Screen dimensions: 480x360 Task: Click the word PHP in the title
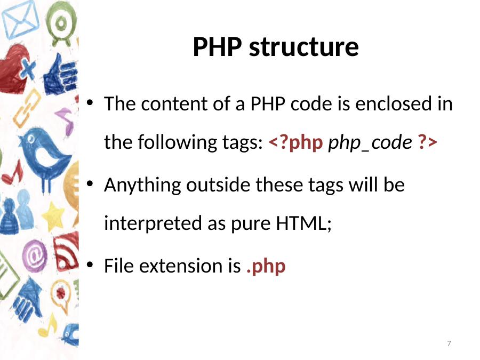click(217, 47)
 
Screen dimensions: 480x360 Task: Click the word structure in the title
click(303, 47)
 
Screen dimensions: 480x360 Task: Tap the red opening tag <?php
click(295, 142)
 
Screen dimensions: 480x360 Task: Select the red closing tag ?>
click(427, 142)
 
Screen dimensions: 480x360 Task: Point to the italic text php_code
click(370, 143)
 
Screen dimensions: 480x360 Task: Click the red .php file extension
click(266, 266)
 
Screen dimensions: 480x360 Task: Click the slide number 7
click(449, 343)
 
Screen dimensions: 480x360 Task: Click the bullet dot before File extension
click(90, 265)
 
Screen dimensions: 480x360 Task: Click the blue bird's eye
click(31, 140)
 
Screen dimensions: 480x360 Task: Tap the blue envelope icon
click(21, 20)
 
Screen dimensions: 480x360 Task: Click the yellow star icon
click(53, 217)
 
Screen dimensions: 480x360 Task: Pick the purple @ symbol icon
click(35, 256)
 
